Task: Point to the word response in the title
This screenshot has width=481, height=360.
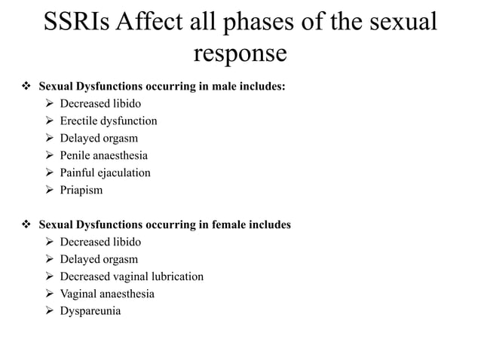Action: click(x=240, y=54)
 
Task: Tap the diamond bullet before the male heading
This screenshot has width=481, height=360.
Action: click(x=24, y=87)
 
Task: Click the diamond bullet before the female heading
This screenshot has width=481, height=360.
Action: click(x=24, y=224)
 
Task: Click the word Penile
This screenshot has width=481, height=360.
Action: click(x=77, y=155)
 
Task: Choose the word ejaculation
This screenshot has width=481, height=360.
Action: click(x=126, y=172)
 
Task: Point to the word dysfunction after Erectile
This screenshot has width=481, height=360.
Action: click(x=130, y=121)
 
